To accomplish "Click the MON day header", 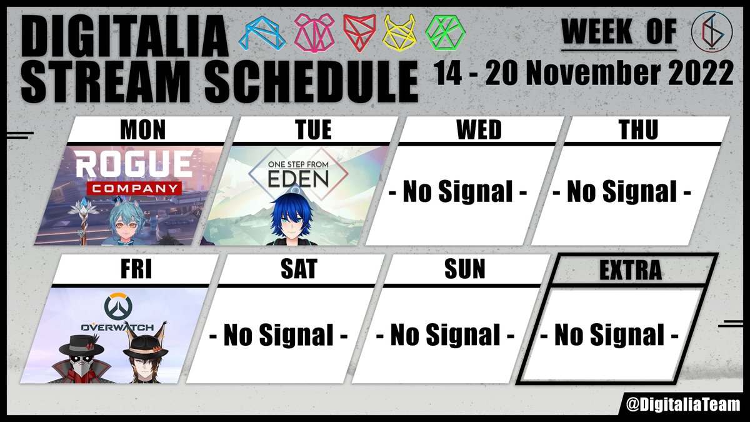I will [x=142, y=130].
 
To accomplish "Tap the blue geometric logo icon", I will [x=263, y=32].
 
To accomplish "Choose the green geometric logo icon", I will [x=444, y=32].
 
